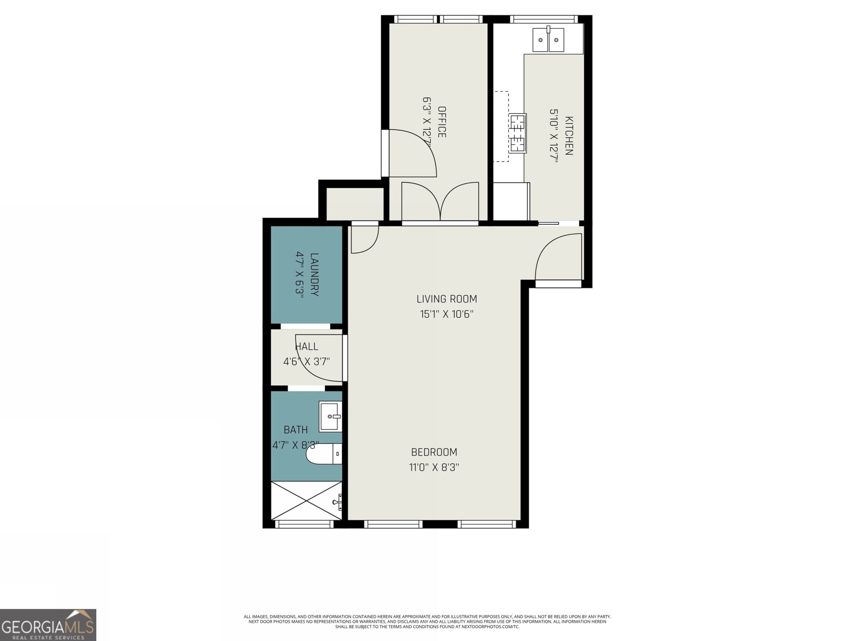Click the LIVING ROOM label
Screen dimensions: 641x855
click(x=447, y=299)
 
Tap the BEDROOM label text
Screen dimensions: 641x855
click(x=434, y=452)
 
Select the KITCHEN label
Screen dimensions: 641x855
click(x=569, y=136)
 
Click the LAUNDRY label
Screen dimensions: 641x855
click(x=314, y=275)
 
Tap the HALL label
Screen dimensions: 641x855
click(x=307, y=347)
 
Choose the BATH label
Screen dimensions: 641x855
click(x=296, y=429)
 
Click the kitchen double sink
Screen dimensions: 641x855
click(x=549, y=40)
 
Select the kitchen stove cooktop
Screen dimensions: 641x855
click(x=517, y=133)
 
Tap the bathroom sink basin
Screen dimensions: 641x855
click(x=330, y=417)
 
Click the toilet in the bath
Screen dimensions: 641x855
click(x=323, y=455)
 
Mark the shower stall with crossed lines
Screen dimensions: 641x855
click(x=306, y=501)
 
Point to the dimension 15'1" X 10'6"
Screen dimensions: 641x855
click(x=447, y=314)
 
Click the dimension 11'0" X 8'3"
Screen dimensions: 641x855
click(x=434, y=467)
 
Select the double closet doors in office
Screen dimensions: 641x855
click(x=440, y=201)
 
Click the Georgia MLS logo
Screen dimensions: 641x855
click(x=48, y=624)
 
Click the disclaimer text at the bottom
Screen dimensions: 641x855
click(x=427, y=621)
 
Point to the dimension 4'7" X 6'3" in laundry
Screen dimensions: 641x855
click(x=300, y=275)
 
